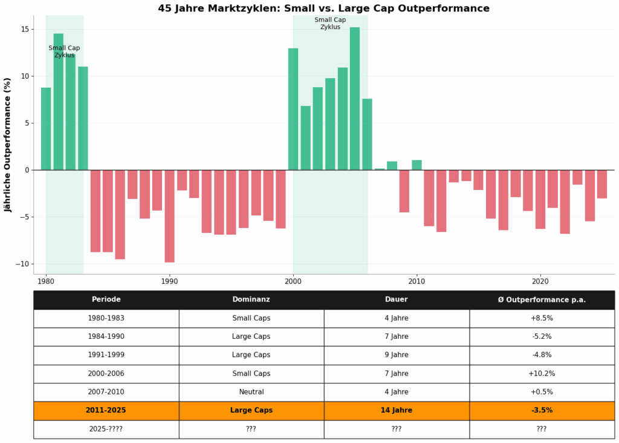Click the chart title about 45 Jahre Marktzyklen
323,8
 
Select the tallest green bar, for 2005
355,99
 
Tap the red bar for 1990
169,216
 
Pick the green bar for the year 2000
293,109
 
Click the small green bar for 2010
416,165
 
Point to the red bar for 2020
540,199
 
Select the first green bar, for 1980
46,128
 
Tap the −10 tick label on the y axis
21,264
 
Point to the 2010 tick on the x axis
416,281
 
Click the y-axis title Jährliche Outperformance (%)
8,145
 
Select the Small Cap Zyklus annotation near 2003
330,23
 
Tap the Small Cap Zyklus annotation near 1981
64,51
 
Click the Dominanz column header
251,300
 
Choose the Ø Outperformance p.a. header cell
541,300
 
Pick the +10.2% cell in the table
541,373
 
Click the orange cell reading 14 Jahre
396,410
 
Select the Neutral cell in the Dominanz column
251,392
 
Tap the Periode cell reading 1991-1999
106,355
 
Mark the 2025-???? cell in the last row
106,429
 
